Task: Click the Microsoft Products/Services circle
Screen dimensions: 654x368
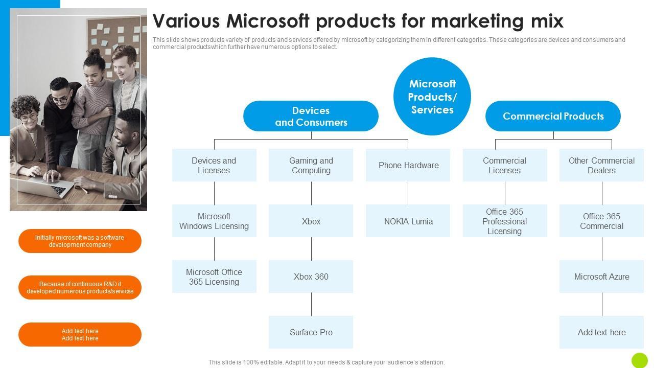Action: point(432,96)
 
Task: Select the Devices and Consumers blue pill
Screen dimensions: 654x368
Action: point(311,116)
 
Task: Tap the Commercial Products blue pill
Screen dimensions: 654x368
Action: point(553,116)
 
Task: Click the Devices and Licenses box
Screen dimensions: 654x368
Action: point(214,165)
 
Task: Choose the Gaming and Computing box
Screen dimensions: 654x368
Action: point(311,165)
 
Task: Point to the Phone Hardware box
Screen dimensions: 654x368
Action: point(408,165)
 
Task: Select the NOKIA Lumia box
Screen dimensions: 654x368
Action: point(408,221)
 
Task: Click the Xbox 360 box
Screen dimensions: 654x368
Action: point(311,277)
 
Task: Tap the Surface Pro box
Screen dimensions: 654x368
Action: point(311,332)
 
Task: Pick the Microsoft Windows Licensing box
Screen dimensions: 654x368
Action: point(214,221)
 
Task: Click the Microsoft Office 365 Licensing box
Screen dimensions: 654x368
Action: point(214,277)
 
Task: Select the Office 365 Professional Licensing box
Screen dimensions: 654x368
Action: point(504,221)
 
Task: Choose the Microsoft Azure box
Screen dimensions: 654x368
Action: point(601,277)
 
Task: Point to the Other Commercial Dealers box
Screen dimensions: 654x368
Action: point(601,165)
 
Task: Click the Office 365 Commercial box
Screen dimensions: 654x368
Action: point(601,221)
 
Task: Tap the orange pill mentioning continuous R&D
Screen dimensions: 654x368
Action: point(80,288)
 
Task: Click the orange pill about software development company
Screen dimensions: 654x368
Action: point(80,241)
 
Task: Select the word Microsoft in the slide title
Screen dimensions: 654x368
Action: point(268,21)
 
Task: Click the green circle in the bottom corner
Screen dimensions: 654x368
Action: point(639,360)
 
